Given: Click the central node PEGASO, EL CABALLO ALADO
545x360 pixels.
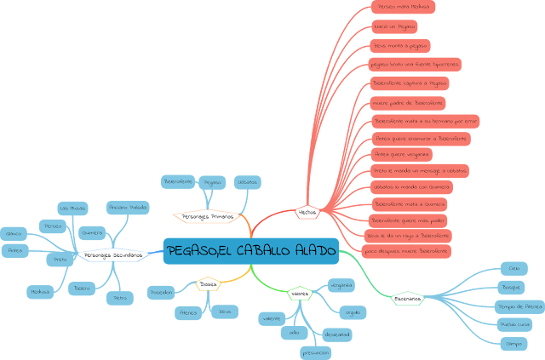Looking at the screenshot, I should (251, 250).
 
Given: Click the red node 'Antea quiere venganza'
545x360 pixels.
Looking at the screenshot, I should (402, 154).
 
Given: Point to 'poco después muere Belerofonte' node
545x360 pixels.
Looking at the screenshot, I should (407, 252).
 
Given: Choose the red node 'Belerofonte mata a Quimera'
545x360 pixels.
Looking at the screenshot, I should (410, 204).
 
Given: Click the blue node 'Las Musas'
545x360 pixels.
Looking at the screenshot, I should (72, 208).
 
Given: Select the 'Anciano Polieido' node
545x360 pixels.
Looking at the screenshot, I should (128, 207).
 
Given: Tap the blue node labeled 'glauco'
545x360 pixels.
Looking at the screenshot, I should (13, 232).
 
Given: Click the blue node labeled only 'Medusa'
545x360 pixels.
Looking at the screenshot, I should (40, 291).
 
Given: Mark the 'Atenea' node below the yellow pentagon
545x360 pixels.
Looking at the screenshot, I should (188, 312).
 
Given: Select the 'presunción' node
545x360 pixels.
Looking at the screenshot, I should (315, 351).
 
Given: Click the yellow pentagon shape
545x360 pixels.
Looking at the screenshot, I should (208, 283).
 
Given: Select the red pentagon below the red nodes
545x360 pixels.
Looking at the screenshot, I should (307, 211).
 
